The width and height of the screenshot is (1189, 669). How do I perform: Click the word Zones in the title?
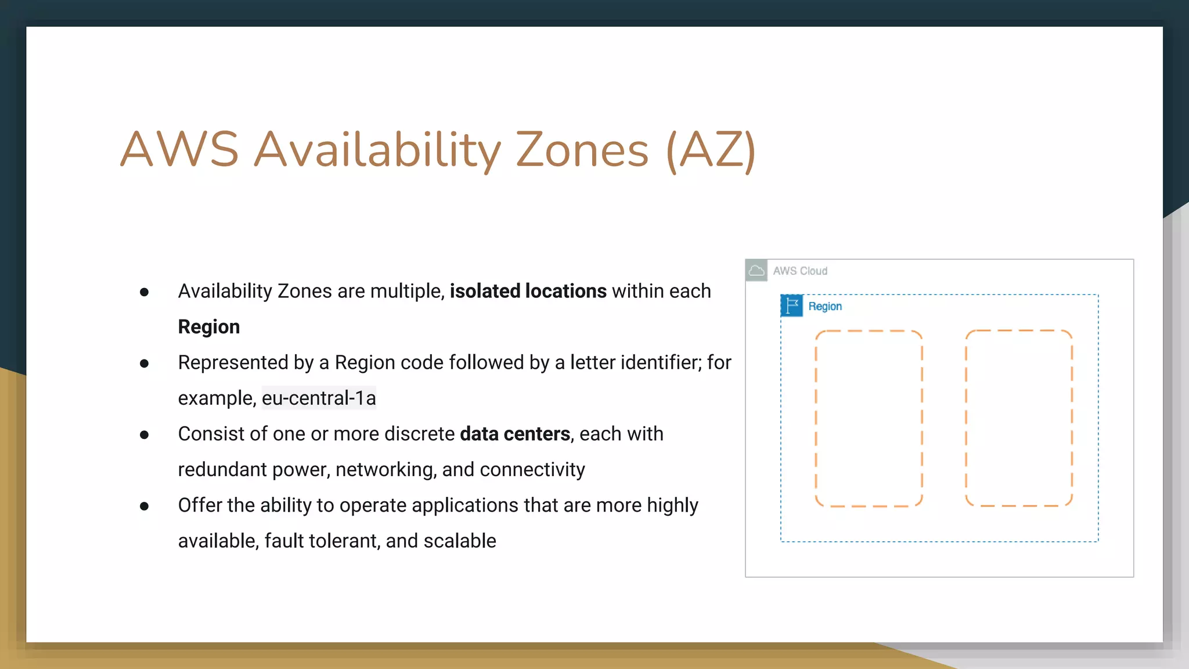pyautogui.click(x=582, y=150)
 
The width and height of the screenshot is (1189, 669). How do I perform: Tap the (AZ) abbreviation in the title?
pyautogui.click(x=711, y=150)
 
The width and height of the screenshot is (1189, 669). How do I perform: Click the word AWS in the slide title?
pyautogui.click(x=179, y=150)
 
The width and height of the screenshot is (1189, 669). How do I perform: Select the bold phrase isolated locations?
pyautogui.click(x=528, y=291)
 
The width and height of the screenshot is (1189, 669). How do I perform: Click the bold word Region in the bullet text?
pyautogui.click(x=208, y=327)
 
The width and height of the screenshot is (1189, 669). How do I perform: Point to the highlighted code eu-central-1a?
pyautogui.click(x=319, y=398)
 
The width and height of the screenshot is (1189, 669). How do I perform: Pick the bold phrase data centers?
pyautogui.click(x=514, y=434)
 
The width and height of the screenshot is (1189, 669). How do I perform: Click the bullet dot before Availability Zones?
pyautogui.click(x=145, y=292)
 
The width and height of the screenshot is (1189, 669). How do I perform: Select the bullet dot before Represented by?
pyautogui.click(x=145, y=364)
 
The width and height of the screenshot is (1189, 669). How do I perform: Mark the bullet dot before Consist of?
pyautogui.click(x=145, y=435)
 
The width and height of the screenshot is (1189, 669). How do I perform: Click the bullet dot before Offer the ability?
pyautogui.click(x=145, y=506)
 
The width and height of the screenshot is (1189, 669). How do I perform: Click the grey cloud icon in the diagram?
pyautogui.click(x=756, y=271)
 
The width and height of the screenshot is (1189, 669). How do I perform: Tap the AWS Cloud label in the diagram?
pyautogui.click(x=800, y=271)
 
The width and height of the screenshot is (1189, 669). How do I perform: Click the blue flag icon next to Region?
pyautogui.click(x=791, y=306)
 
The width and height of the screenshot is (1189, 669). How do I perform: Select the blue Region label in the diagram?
pyautogui.click(x=824, y=307)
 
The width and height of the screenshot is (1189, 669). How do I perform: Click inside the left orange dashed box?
pyautogui.click(x=869, y=418)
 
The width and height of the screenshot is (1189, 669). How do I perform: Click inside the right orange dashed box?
pyautogui.click(x=1018, y=418)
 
